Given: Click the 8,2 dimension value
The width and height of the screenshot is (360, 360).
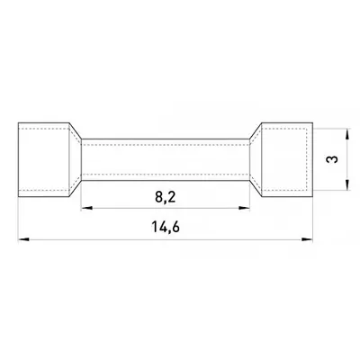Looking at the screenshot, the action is point(166,197).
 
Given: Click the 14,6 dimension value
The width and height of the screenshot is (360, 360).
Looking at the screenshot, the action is point(166,227).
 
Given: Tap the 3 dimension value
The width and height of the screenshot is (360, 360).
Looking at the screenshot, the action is point(332,159).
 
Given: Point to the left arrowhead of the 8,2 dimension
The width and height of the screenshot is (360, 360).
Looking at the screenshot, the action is point(86,208).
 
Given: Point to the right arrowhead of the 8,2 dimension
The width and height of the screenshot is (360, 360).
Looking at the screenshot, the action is point(244,208).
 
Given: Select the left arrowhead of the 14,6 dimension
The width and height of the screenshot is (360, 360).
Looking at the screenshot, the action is point(23,239).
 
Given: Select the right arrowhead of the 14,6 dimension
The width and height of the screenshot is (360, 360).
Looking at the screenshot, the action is point(307,239).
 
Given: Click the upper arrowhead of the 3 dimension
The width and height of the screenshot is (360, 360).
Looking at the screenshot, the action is point(347,134).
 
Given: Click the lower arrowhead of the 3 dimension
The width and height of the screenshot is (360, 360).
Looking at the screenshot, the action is point(347,184).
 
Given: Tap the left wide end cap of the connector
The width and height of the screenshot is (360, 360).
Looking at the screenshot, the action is point(44,159).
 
